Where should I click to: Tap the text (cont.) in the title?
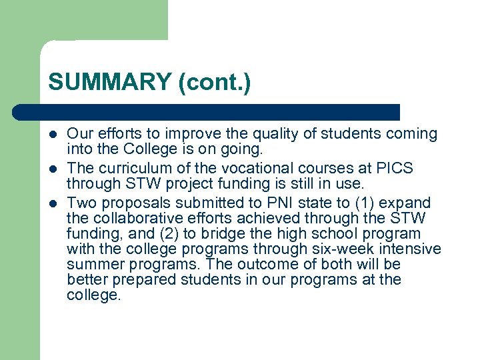click(x=214, y=83)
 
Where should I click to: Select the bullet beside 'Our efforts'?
click(x=54, y=135)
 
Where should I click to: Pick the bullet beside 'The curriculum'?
click(x=54, y=169)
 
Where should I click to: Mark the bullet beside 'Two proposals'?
click(x=54, y=203)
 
